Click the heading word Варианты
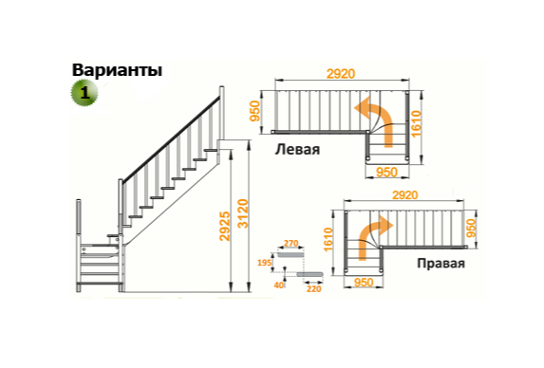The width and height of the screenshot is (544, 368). tap(117, 70)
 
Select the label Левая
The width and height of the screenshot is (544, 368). tap(298, 151)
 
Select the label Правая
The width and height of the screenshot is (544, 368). tap(441, 263)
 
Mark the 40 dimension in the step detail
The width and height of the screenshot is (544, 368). tap(278, 283)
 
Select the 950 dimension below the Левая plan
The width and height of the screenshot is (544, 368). tap(386, 172)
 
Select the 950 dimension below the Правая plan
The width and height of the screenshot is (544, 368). tap(362, 282)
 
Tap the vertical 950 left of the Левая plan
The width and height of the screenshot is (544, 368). tap(255, 111)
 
